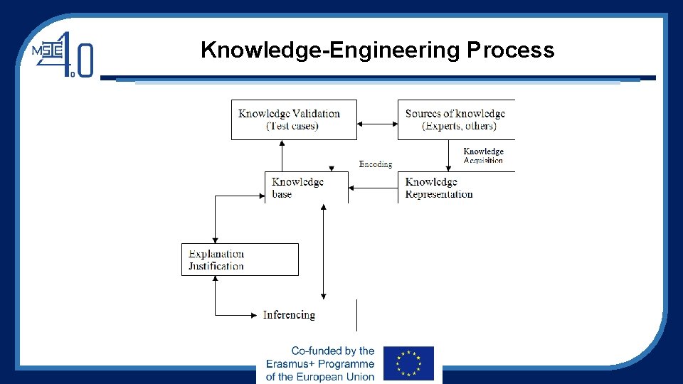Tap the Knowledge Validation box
294,119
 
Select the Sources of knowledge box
456,119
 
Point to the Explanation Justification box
240,260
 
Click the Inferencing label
289,314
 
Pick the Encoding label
376,164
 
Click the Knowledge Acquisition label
483,156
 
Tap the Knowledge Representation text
439,188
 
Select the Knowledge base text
297,188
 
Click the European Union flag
408,363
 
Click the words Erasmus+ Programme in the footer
320,363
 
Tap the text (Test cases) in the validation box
292,126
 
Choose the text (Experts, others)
459,126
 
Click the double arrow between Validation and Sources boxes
377,124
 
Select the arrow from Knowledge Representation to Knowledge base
374,188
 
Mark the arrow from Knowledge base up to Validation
282,155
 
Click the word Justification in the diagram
216,267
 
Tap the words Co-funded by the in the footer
333,351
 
